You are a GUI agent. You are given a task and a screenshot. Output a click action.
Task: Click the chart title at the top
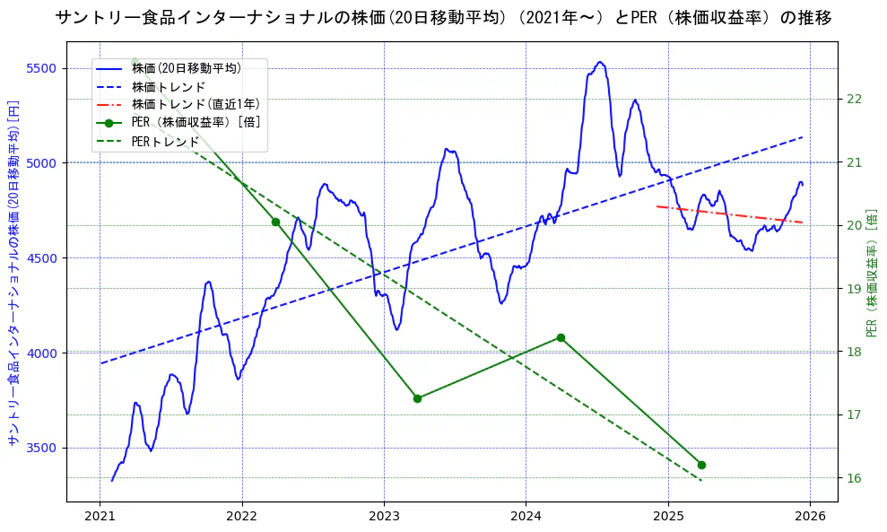tap(443, 17)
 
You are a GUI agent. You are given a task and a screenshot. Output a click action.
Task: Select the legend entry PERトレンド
tap(165, 142)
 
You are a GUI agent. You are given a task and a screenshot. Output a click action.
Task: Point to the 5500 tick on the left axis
tap(42, 68)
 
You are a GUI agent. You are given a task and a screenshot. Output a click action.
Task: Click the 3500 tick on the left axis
tap(42, 448)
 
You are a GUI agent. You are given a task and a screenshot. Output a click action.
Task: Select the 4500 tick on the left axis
tap(42, 258)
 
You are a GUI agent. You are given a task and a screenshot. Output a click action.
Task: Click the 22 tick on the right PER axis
tap(853, 99)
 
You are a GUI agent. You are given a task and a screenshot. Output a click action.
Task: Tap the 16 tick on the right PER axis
tap(853, 477)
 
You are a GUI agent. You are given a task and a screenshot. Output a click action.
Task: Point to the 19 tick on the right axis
tap(853, 288)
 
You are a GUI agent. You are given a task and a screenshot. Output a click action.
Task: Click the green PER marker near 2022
tap(275, 222)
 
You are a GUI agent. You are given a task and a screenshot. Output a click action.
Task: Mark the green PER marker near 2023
tap(417, 398)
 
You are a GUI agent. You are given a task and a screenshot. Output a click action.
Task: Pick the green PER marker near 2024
tap(561, 337)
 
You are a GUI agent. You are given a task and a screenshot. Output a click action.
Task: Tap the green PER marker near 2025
tap(701, 465)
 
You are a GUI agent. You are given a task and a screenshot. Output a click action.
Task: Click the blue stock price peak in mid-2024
tap(600, 63)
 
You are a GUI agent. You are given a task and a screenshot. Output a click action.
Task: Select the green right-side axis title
tap(872, 273)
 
